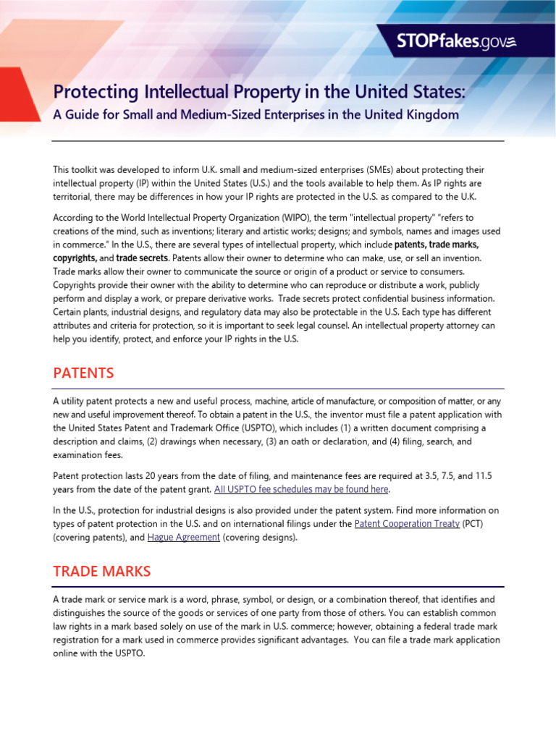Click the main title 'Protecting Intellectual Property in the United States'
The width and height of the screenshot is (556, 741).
pyautogui.click(x=260, y=93)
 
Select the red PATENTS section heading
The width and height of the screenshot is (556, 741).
pyautogui.click(x=83, y=373)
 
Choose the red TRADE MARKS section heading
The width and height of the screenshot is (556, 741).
pyautogui.click(x=101, y=571)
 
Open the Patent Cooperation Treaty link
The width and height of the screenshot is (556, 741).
pyautogui.click(x=407, y=524)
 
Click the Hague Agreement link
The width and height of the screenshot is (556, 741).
pyautogui.click(x=183, y=538)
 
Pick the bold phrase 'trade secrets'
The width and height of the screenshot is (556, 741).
pyautogui.click(x=142, y=258)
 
